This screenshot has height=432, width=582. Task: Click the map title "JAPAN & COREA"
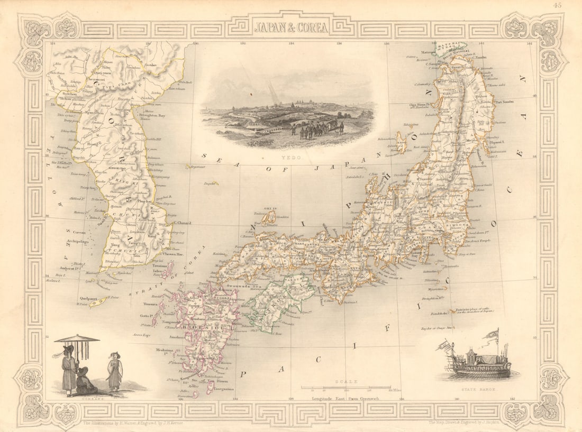pyautogui.click(x=290, y=27)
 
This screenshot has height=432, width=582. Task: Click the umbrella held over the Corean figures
pyautogui.click(x=77, y=339)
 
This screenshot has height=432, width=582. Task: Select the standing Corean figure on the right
pyautogui.click(x=114, y=372)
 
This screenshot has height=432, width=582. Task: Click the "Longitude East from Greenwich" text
pyautogui.click(x=345, y=398)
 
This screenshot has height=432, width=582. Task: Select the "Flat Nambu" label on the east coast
pyautogui.click(x=504, y=101)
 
